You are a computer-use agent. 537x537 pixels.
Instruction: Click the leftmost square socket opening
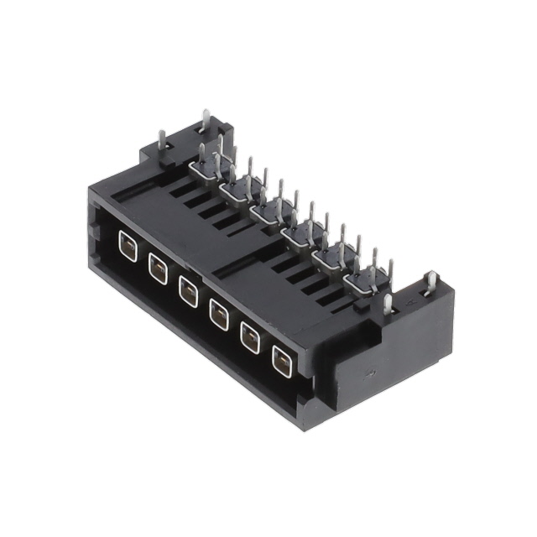coord(127,248)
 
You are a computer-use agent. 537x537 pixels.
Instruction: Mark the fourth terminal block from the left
coord(298,233)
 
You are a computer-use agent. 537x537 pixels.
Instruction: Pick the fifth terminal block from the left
coord(329,256)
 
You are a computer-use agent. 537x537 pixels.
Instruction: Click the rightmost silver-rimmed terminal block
coord(361,279)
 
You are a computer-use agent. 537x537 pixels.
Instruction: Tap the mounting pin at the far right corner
coord(430,283)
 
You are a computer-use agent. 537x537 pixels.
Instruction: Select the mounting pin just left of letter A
coord(388,302)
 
